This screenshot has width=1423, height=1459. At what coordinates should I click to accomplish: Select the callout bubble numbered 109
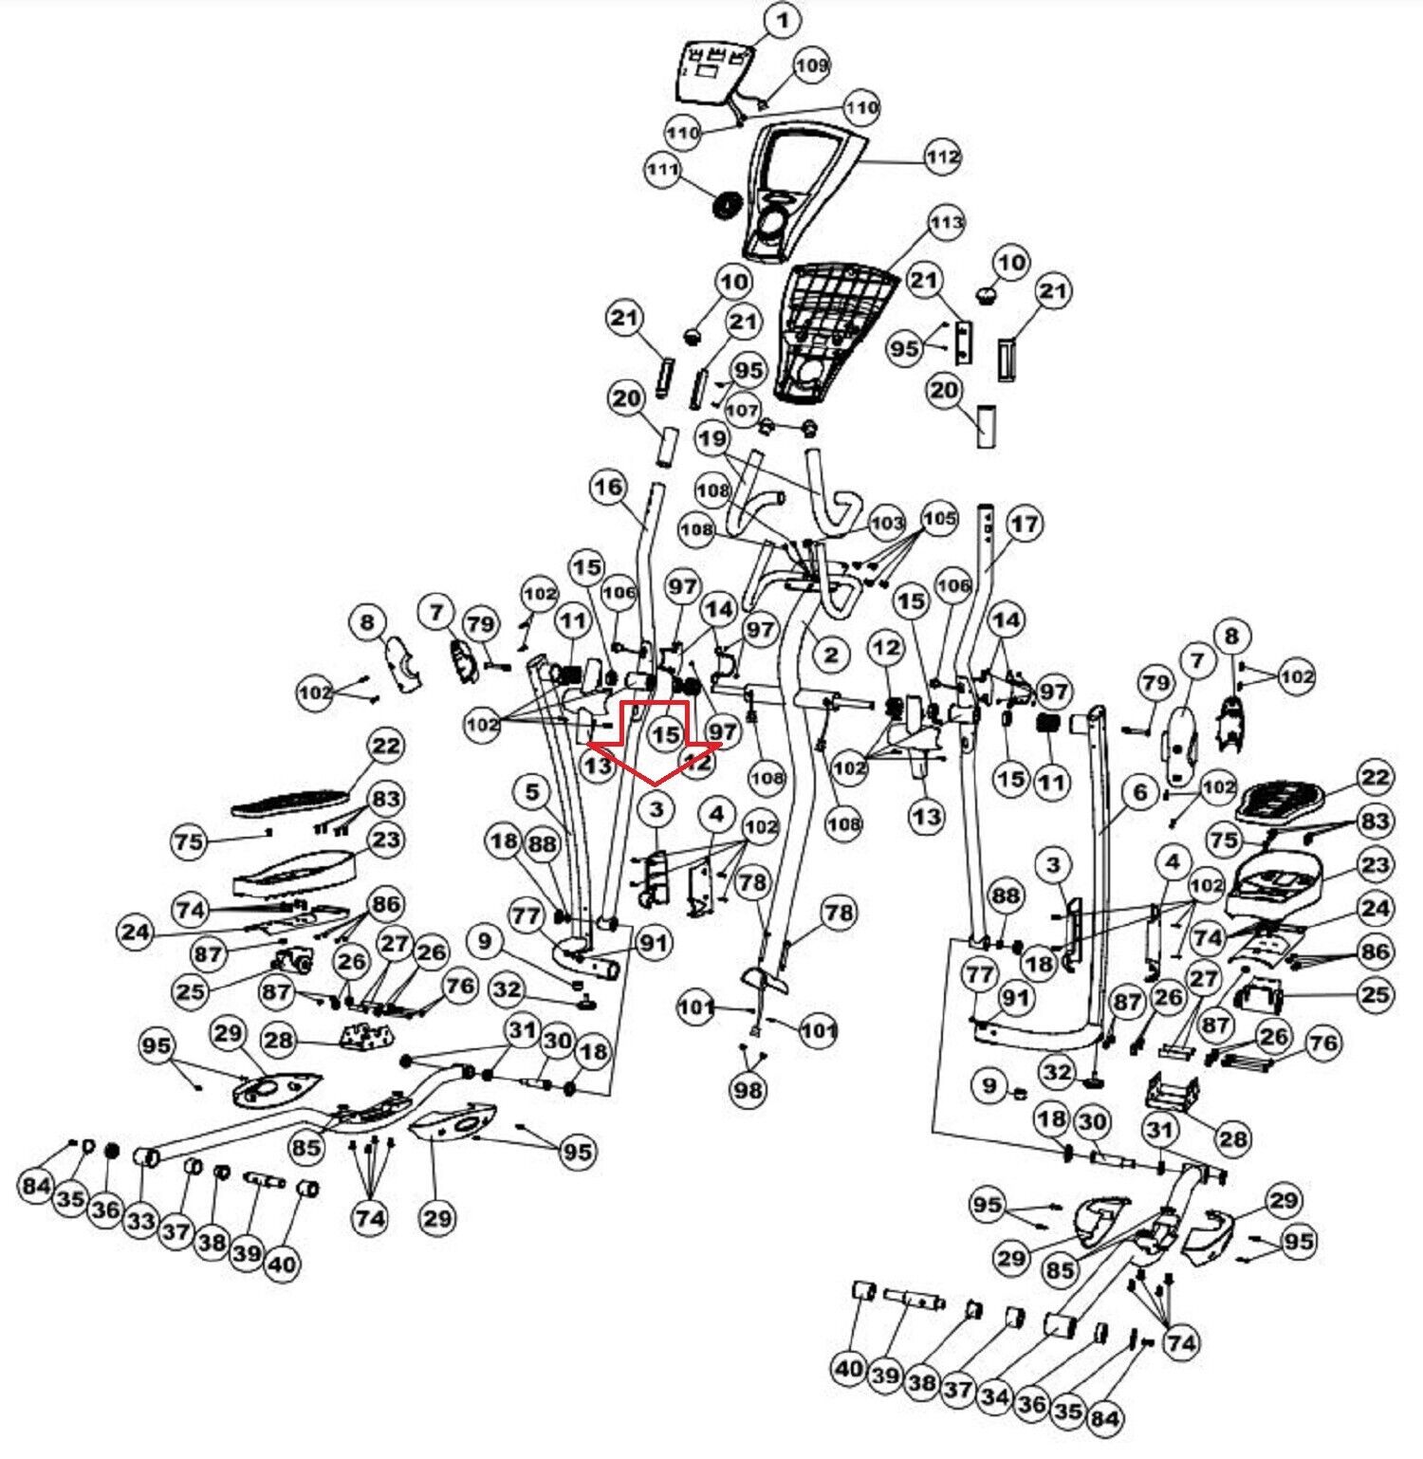[x=811, y=65]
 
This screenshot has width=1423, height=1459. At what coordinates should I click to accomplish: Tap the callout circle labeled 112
[x=942, y=157]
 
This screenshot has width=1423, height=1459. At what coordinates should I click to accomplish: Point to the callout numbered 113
[x=946, y=224]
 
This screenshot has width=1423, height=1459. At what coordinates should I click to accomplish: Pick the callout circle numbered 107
[x=742, y=411]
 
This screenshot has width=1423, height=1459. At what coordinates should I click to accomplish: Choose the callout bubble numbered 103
[x=888, y=523]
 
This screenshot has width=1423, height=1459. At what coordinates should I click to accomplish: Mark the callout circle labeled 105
[x=940, y=519]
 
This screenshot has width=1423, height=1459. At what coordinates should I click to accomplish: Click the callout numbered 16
[x=608, y=488]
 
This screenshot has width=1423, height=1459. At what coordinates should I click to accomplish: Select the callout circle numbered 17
[x=1025, y=524]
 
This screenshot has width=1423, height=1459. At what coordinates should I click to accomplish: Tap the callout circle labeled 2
[x=831, y=654]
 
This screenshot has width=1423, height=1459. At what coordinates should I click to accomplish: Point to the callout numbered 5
[x=531, y=792]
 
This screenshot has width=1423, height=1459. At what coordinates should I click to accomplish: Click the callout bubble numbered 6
[x=1140, y=792]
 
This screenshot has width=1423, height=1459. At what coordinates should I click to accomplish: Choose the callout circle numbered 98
[x=748, y=1090]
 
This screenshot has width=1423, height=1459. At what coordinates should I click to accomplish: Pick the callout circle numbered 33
[x=140, y=1220]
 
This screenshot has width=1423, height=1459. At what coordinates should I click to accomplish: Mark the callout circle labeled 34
[x=994, y=1395]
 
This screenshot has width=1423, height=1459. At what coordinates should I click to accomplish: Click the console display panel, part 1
[x=713, y=71]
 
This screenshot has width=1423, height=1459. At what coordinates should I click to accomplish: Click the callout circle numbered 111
[x=662, y=170]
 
